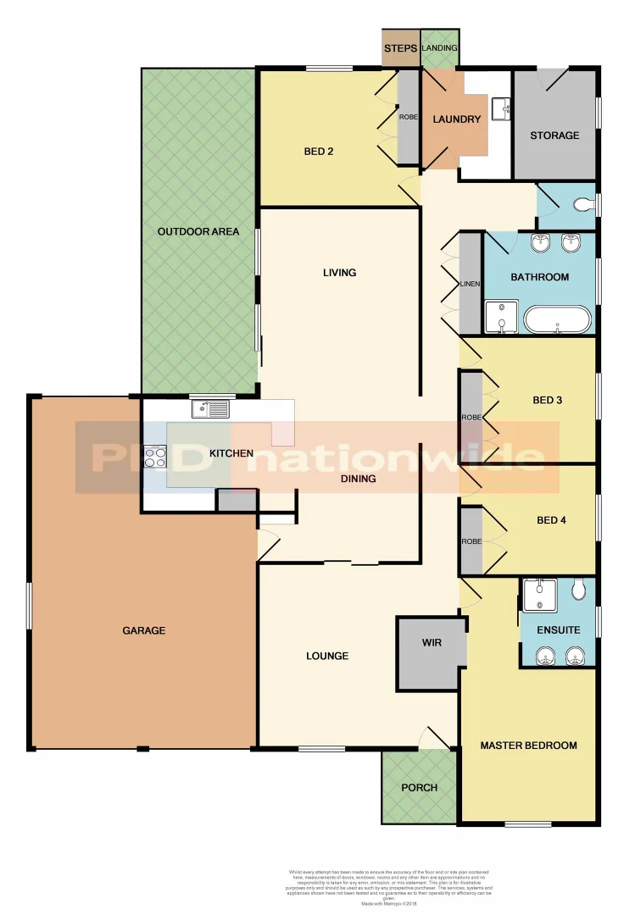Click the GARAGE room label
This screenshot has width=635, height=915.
[143, 630]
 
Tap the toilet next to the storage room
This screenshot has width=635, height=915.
[583, 204]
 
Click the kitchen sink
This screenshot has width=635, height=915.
[209, 410]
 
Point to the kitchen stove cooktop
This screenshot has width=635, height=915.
[155, 457]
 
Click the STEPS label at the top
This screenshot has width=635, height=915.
[400, 49]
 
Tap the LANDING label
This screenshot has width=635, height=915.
[439, 48]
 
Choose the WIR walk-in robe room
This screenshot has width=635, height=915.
[432, 642]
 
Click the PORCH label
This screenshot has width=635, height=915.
[420, 788]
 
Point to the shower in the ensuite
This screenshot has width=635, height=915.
[539, 595]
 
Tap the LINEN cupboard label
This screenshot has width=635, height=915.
[470, 284]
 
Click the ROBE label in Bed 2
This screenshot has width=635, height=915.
[408, 117]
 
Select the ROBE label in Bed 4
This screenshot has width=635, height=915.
[471, 541]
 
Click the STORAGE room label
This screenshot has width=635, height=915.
[554, 136]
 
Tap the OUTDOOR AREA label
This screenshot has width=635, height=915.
[198, 231]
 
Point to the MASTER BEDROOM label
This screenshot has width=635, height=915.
[528, 746]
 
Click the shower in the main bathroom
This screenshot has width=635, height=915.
[501, 316]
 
